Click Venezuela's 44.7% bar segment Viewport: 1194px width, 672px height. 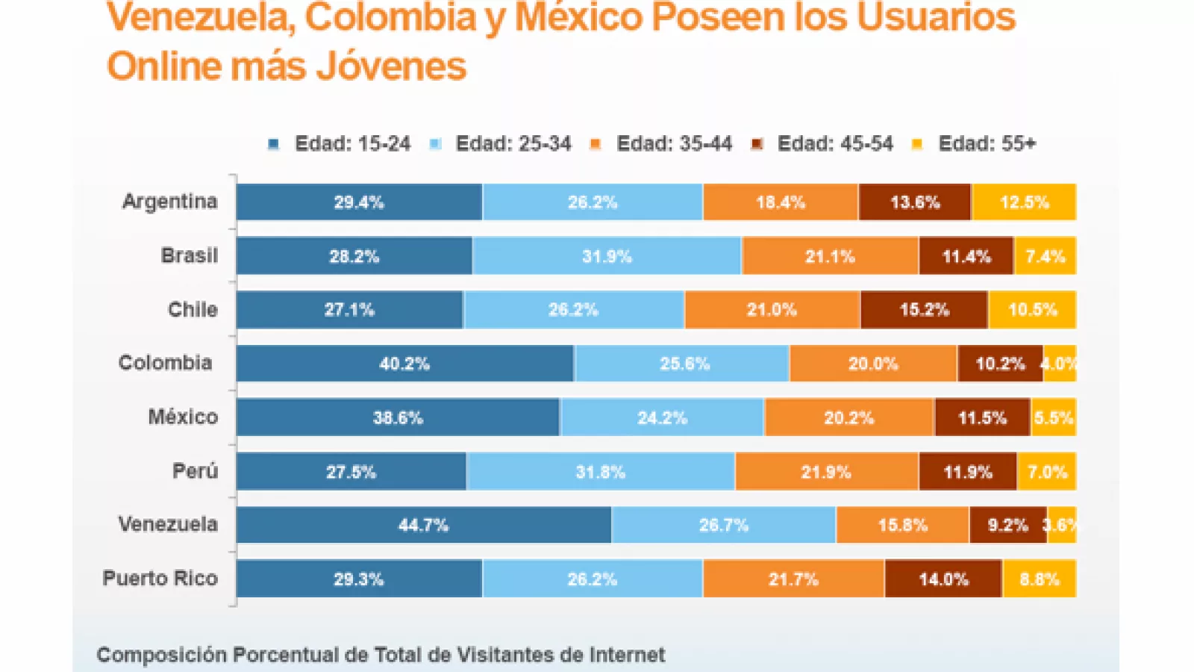pyautogui.click(x=423, y=525)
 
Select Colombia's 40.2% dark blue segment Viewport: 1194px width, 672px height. pyautogui.click(x=404, y=364)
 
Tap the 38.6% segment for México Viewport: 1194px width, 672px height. pyautogui.click(x=398, y=417)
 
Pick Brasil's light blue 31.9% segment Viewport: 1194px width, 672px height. pyautogui.click(x=607, y=256)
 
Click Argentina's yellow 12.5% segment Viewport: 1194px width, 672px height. pyautogui.click(x=1024, y=202)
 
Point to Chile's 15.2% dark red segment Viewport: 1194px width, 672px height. pyautogui.click(x=924, y=310)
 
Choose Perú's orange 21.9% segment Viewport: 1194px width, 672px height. pyautogui.click(x=826, y=472)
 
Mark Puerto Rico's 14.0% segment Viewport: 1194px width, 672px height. pyautogui.click(x=943, y=579)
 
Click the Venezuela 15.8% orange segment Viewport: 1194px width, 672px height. pyautogui.click(x=902, y=525)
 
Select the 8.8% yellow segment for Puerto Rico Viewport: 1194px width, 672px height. pyautogui.click(x=1039, y=579)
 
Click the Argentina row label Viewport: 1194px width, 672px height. pyautogui.click(x=170, y=202)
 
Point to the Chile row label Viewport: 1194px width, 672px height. pyautogui.click(x=193, y=309)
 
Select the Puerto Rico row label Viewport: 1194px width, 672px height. pyautogui.click(x=160, y=578)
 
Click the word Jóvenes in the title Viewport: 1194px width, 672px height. pyautogui.click(x=391, y=66)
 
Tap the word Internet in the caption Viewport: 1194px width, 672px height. pyautogui.click(x=627, y=655)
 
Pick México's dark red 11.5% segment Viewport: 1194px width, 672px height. pyautogui.click(x=982, y=417)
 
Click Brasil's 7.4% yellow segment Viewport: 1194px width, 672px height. pyautogui.click(x=1045, y=256)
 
